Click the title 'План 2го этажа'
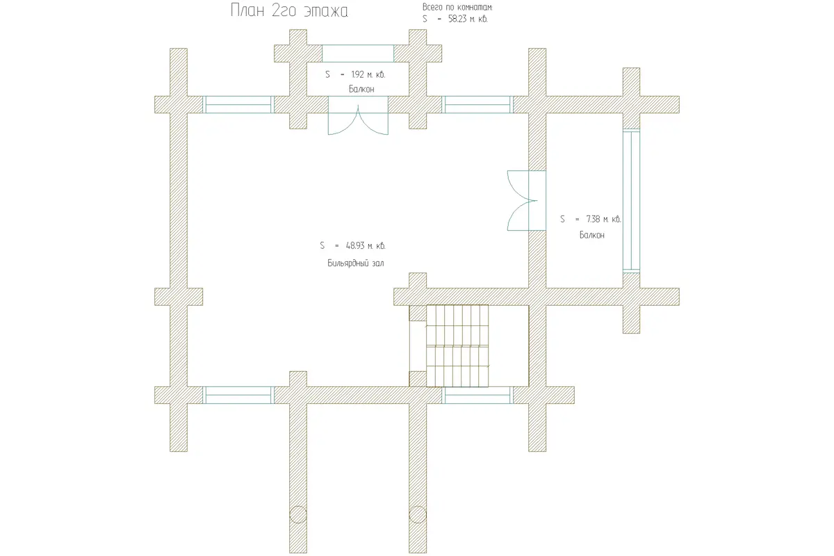[289, 10]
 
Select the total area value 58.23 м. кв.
[468, 19]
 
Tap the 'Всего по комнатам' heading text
[457, 7]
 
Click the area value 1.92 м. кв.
[368, 74]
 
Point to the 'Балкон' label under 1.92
[361, 89]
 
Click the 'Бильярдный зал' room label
[356, 263]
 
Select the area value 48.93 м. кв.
[366, 246]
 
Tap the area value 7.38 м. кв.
[603, 220]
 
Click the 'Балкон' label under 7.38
[591, 235]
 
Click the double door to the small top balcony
[358, 115]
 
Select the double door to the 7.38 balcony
[527, 200]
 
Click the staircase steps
[457, 346]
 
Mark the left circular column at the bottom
[298, 515]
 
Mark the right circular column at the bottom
[418, 515]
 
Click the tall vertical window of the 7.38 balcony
[631, 201]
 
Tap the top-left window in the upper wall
[238, 105]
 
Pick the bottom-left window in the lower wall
[238, 395]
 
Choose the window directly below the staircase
[477, 395]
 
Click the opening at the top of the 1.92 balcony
[358, 54]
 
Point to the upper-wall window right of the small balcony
[477, 105]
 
